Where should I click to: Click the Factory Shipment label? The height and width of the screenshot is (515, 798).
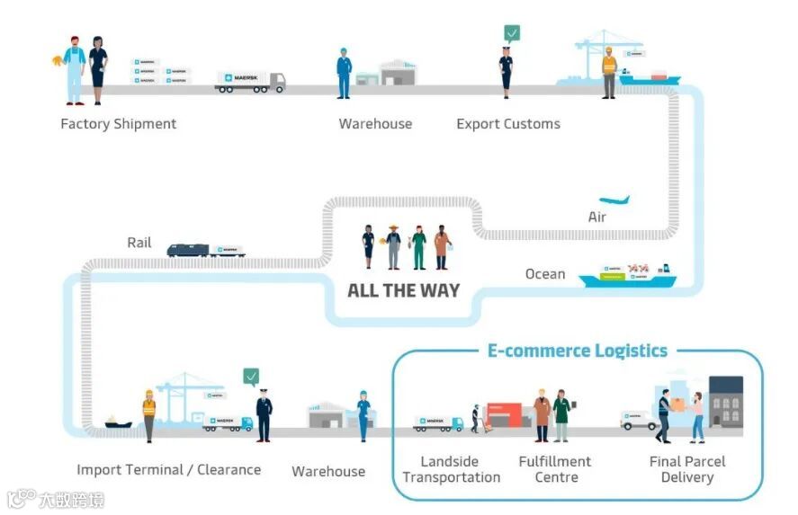118,124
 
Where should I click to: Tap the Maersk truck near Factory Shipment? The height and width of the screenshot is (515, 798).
250,82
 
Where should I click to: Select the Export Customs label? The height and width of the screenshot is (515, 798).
507,124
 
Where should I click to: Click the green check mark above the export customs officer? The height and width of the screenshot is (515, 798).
512,33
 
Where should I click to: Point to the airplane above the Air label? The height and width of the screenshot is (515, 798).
614,200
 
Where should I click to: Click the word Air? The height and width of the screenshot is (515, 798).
597,218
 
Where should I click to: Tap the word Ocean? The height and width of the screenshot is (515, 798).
545,273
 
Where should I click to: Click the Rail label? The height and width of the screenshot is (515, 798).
139,243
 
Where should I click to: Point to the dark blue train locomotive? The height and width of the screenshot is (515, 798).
188,251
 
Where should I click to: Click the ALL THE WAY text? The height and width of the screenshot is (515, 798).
403,290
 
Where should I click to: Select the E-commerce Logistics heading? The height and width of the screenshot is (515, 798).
577,351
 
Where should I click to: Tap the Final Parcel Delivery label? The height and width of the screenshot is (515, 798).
687,469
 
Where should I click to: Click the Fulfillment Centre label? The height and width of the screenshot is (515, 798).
555,469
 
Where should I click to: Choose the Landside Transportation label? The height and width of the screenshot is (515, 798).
451,469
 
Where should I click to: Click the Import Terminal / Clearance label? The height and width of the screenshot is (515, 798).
168,469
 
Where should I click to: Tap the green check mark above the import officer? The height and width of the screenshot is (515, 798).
251,376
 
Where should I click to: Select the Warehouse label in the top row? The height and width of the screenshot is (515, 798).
375,124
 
